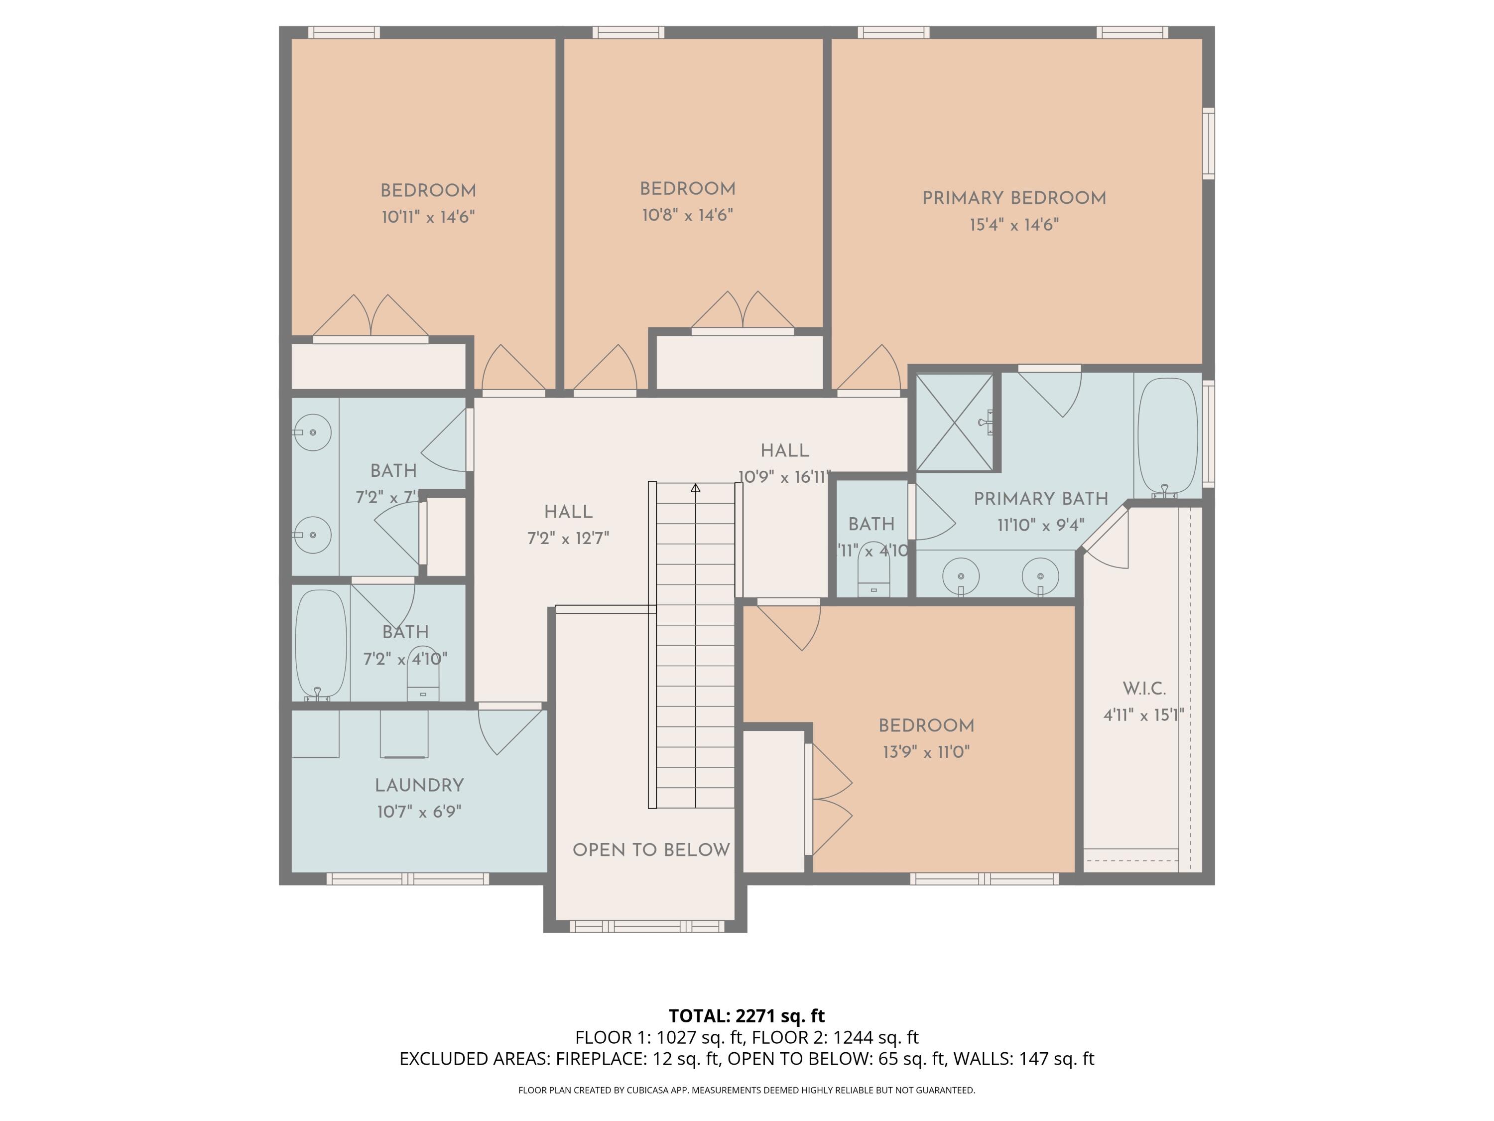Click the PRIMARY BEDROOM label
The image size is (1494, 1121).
click(x=1014, y=198)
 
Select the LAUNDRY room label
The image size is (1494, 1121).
click(x=419, y=785)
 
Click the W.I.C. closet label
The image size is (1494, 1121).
click(x=1143, y=689)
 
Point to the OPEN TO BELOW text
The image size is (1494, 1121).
click(x=651, y=850)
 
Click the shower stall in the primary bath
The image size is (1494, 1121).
click(x=954, y=422)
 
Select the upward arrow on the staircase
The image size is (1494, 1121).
click(x=696, y=488)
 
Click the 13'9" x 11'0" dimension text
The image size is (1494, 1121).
click(x=926, y=752)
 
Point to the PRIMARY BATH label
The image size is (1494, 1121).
click(x=1040, y=499)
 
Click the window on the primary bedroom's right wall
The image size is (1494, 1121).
click(x=1208, y=143)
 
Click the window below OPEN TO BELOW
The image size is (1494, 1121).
click(x=646, y=926)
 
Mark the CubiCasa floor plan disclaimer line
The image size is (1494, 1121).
click(x=747, y=1090)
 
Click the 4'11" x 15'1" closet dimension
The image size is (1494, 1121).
click(x=1143, y=715)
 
